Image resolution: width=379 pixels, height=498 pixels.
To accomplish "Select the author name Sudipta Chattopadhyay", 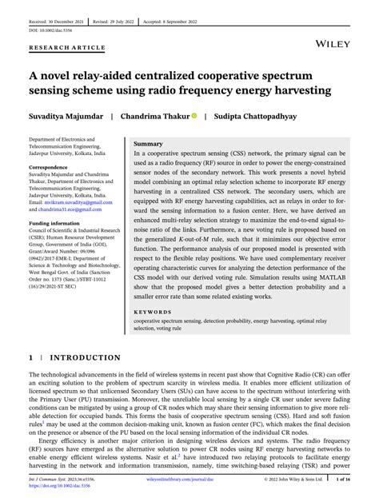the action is pos(261,116).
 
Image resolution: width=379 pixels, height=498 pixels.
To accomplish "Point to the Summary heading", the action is pos(149,143).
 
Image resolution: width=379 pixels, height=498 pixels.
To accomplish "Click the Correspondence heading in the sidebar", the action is pos(50,168).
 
